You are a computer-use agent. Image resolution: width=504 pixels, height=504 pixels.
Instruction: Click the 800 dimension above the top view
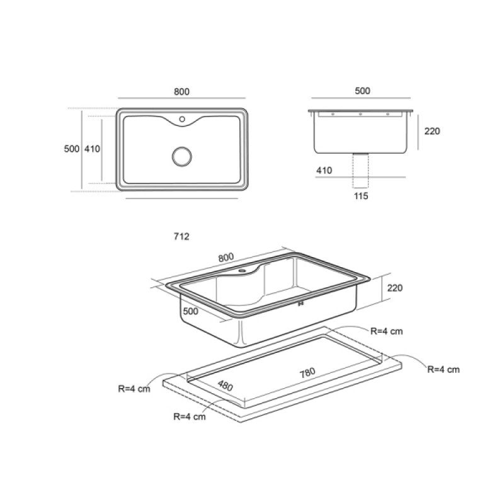pos(181,91)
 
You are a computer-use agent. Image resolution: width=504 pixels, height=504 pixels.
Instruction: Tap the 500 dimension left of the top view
pos(72,149)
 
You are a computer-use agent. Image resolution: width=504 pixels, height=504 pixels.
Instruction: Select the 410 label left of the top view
pos(92,149)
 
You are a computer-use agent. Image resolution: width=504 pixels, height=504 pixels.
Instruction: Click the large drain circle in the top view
pos(182,156)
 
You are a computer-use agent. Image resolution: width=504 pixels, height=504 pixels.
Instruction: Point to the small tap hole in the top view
pos(182,119)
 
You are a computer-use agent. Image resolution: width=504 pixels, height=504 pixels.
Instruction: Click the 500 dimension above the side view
pos(363,91)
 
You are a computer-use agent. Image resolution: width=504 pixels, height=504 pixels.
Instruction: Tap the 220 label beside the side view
pos(432,131)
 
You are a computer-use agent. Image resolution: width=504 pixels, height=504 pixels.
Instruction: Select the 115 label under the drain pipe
pos(361,196)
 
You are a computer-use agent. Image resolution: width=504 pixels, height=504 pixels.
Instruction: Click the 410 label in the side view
pos(324,170)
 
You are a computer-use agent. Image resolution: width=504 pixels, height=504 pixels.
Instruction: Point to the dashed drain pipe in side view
pos(360,171)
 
